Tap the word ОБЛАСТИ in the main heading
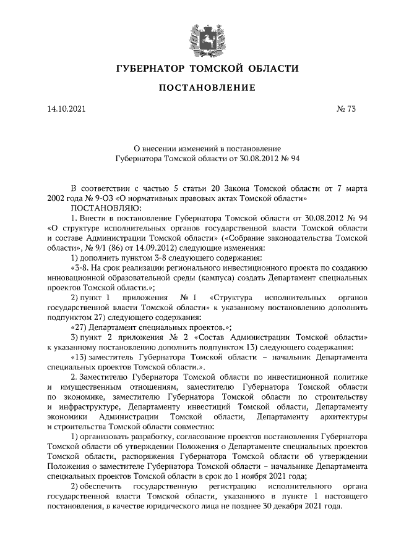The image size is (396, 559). [272, 67]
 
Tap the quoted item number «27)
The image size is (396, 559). [80, 327]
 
